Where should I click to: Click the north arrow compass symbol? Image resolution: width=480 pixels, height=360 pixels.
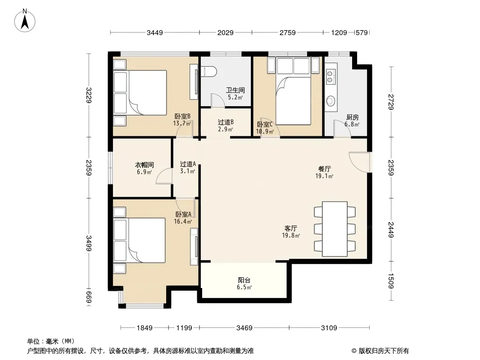pyautogui.click(x=25, y=21)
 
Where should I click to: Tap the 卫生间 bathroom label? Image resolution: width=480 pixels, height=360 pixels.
pyautogui.click(x=235, y=90)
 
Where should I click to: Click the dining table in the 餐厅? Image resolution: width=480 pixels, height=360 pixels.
pyautogui.click(x=335, y=229)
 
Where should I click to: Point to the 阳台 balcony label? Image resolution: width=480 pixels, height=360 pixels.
pyautogui.click(x=244, y=280)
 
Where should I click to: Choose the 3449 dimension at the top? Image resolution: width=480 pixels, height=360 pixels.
pyautogui.click(x=155, y=32)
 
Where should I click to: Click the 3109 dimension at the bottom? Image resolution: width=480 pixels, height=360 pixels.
pyautogui.click(x=329, y=328)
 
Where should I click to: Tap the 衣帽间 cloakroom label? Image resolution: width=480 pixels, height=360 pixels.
pyautogui.click(x=145, y=165)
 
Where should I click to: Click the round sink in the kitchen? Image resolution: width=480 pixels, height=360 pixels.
pyautogui.click(x=331, y=101)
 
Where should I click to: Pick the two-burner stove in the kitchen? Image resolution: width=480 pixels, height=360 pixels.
pyautogui.click(x=331, y=76)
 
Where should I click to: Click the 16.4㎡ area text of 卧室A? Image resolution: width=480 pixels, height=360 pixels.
pyautogui.click(x=183, y=221)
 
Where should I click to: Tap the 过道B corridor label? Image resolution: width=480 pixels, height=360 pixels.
pyautogui.click(x=226, y=122)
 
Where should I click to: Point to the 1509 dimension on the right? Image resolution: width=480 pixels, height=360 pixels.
pyautogui.click(x=390, y=281)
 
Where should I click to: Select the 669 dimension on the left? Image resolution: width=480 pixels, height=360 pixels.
pyautogui.click(x=89, y=297)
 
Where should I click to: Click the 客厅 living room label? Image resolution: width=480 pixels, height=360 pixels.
pyautogui.click(x=291, y=229)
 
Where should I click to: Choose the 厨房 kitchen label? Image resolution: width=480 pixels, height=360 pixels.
pyautogui.click(x=353, y=117)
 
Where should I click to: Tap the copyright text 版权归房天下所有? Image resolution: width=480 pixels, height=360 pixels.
pyautogui.click(x=384, y=351)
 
